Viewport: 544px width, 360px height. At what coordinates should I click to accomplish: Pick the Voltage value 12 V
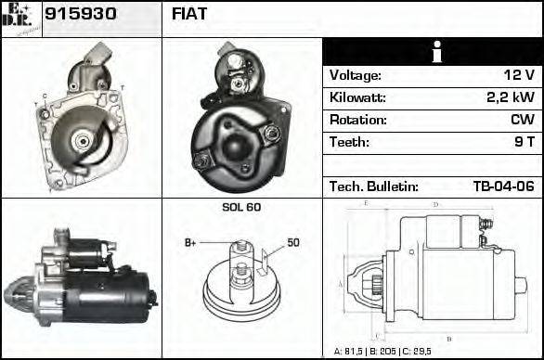[517, 75]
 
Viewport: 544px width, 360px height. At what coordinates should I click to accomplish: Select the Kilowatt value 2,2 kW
[510, 97]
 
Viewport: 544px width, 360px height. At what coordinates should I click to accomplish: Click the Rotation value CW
[522, 120]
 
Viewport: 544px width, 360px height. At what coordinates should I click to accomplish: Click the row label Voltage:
[355, 75]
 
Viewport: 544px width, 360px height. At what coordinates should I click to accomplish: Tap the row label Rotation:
[357, 120]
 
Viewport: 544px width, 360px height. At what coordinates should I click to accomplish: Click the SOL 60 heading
[241, 207]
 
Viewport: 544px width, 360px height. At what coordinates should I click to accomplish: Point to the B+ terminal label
[190, 242]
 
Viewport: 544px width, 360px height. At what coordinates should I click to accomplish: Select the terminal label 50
[292, 242]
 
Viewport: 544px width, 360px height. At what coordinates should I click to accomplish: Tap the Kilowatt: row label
[357, 97]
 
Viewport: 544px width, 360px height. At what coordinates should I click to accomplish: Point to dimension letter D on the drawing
[435, 204]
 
